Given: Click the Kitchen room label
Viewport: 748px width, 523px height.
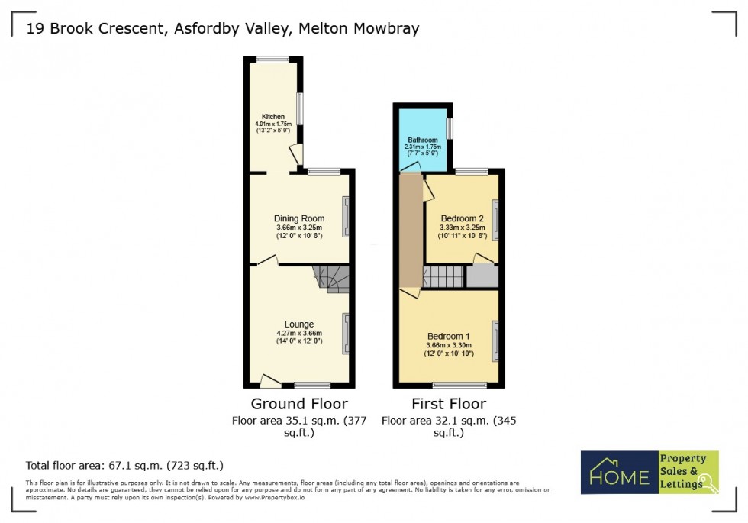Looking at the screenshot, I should click(x=272, y=117).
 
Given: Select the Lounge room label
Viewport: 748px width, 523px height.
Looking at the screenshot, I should click(x=299, y=324).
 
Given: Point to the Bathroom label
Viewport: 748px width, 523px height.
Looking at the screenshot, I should click(x=422, y=140).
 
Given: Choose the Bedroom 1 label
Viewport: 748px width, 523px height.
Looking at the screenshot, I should click(x=448, y=337).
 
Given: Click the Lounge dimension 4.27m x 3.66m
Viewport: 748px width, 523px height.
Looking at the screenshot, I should click(x=299, y=333).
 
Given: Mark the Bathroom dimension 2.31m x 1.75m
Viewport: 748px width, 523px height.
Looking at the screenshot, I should click(x=422, y=147).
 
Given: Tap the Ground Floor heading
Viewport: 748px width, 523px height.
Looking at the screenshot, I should click(x=299, y=404).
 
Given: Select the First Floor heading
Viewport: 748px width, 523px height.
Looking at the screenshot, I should click(x=448, y=404).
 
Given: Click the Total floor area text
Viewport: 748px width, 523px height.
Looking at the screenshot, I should click(x=124, y=465).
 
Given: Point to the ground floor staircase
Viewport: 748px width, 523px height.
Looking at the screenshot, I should click(x=332, y=279).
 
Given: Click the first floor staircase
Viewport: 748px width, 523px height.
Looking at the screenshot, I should click(x=443, y=276).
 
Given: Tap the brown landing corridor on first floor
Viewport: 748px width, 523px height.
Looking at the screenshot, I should click(x=411, y=229).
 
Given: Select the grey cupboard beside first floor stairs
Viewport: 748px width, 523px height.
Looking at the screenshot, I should click(x=482, y=276).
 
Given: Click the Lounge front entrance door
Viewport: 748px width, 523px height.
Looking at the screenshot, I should click(x=270, y=379).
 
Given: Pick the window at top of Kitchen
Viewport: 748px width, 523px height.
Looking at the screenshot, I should click(x=272, y=59).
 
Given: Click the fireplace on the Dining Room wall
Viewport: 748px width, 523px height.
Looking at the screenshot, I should click(x=346, y=217).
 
